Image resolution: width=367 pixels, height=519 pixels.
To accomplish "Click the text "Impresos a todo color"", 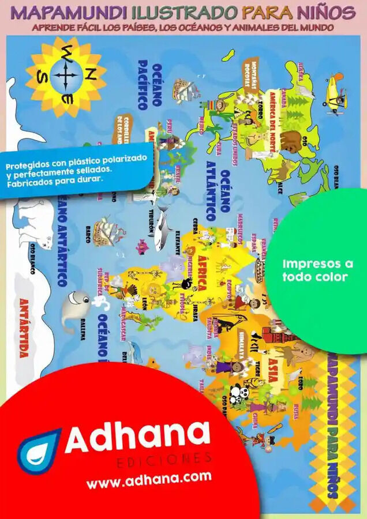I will click(x=317, y=270).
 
